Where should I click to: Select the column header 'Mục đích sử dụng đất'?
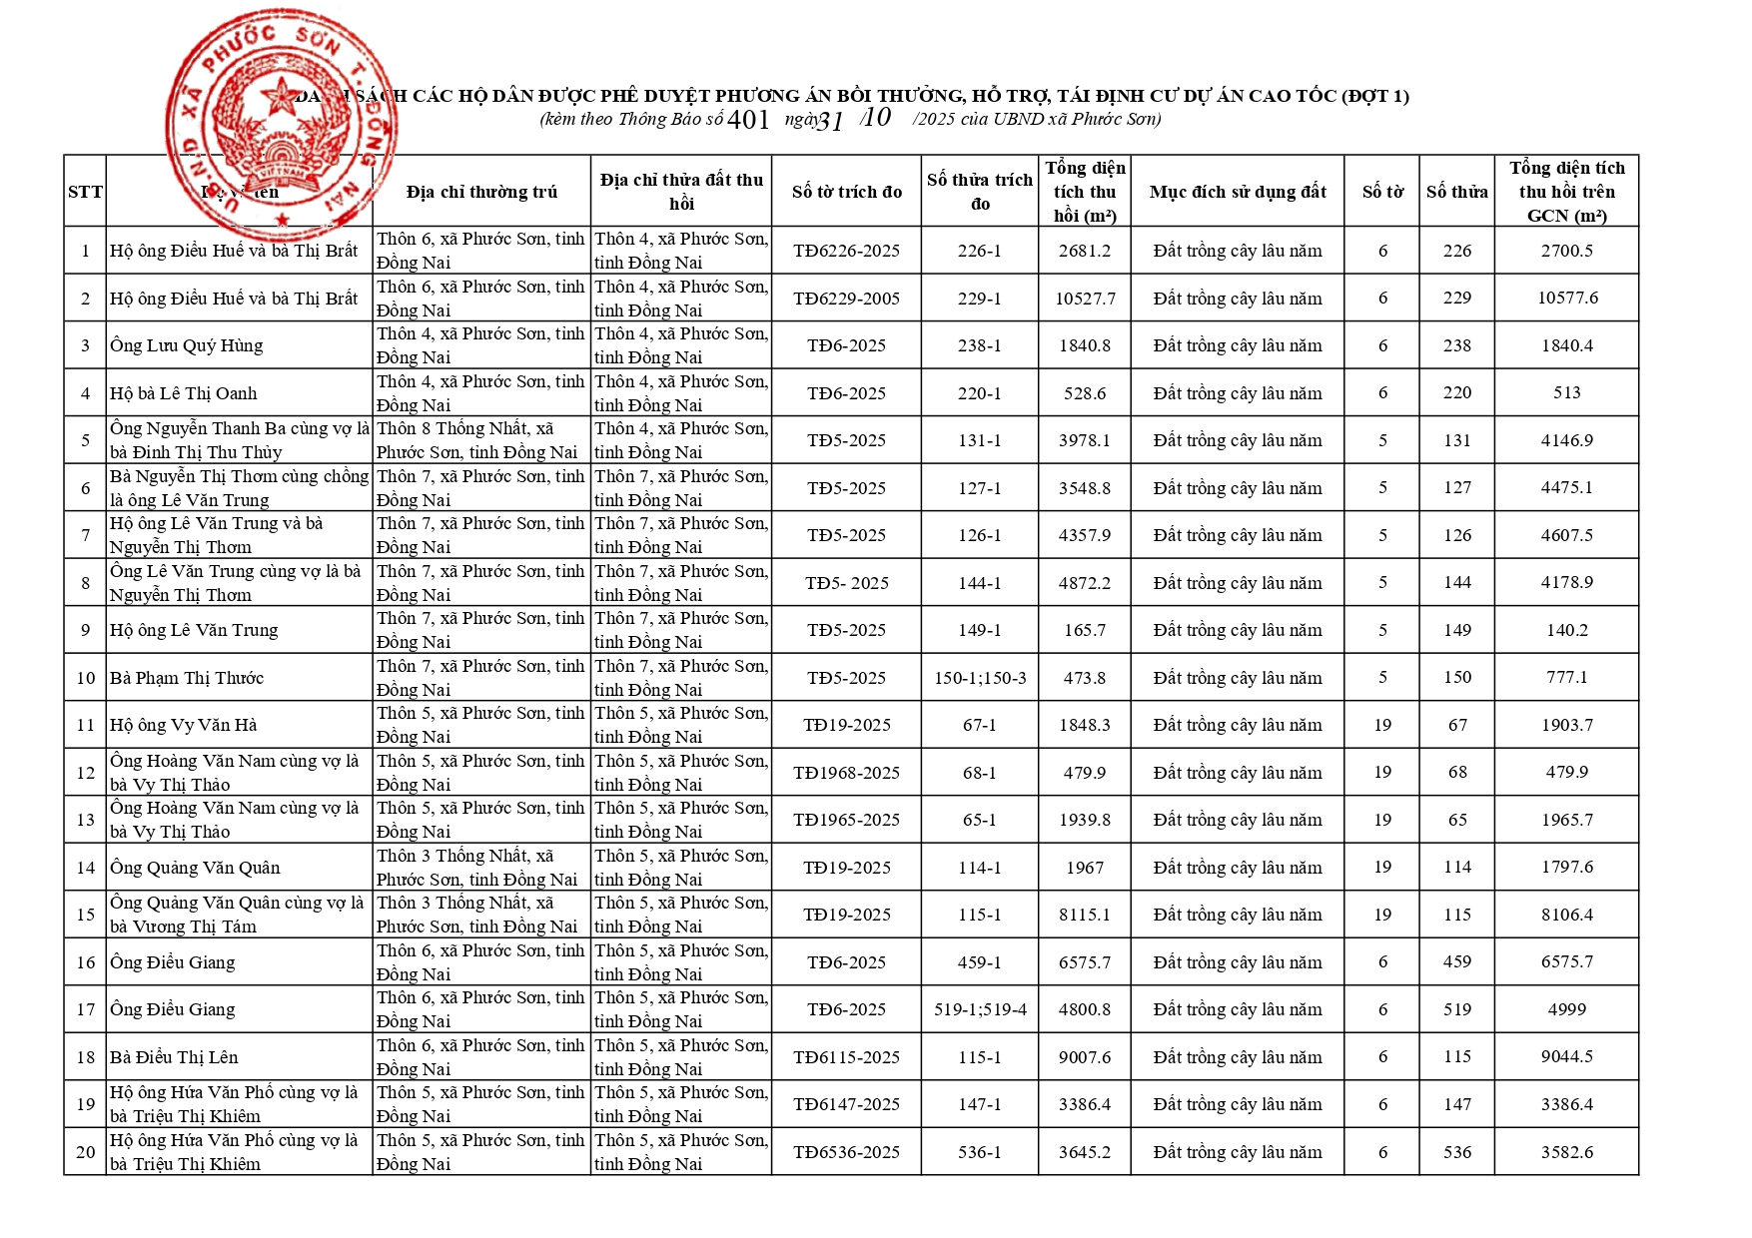[x=1237, y=192]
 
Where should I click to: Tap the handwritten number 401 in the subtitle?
[x=748, y=120]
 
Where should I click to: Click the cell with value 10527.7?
[x=1085, y=299]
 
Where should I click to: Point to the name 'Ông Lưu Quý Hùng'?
[x=187, y=345]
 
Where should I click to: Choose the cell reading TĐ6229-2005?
[x=846, y=299]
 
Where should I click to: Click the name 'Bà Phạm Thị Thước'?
[x=187, y=678]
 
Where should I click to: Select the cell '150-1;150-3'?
[x=979, y=678]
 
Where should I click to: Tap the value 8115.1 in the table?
[x=1085, y=915]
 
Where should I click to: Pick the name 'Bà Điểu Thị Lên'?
[x=174, y=1057]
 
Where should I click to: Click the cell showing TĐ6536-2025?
[x=846, y=1152]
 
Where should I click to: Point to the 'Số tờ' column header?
[x=1382, y=192]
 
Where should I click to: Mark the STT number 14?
[x=86, y=868]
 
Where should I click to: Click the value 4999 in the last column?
[x=1566, y=1009]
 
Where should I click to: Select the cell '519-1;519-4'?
[x=979, y=1009]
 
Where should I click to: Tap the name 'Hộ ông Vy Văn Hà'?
[x=184, y=725]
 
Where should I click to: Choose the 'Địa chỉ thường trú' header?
[x=481, y=192]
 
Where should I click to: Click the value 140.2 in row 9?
[x=1566, y=630]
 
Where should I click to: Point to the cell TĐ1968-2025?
[x=846, y=773]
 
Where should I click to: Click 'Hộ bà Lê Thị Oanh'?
[x=184, y=393]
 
